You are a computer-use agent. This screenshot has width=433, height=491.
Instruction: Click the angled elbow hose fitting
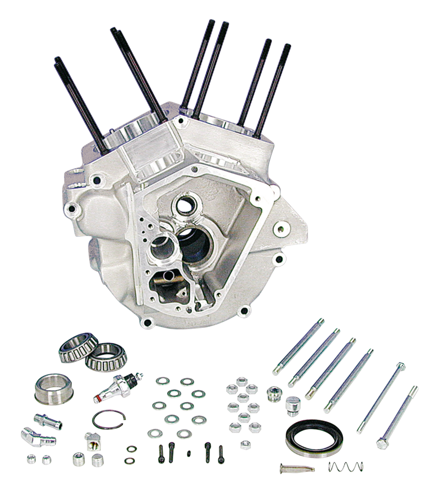click(32, 437)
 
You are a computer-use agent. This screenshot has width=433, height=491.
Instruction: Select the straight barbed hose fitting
click(47, 421)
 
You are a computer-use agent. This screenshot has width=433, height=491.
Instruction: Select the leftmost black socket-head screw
click(162, 451)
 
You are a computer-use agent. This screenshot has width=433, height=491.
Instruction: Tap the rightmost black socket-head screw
click(221, 451)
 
